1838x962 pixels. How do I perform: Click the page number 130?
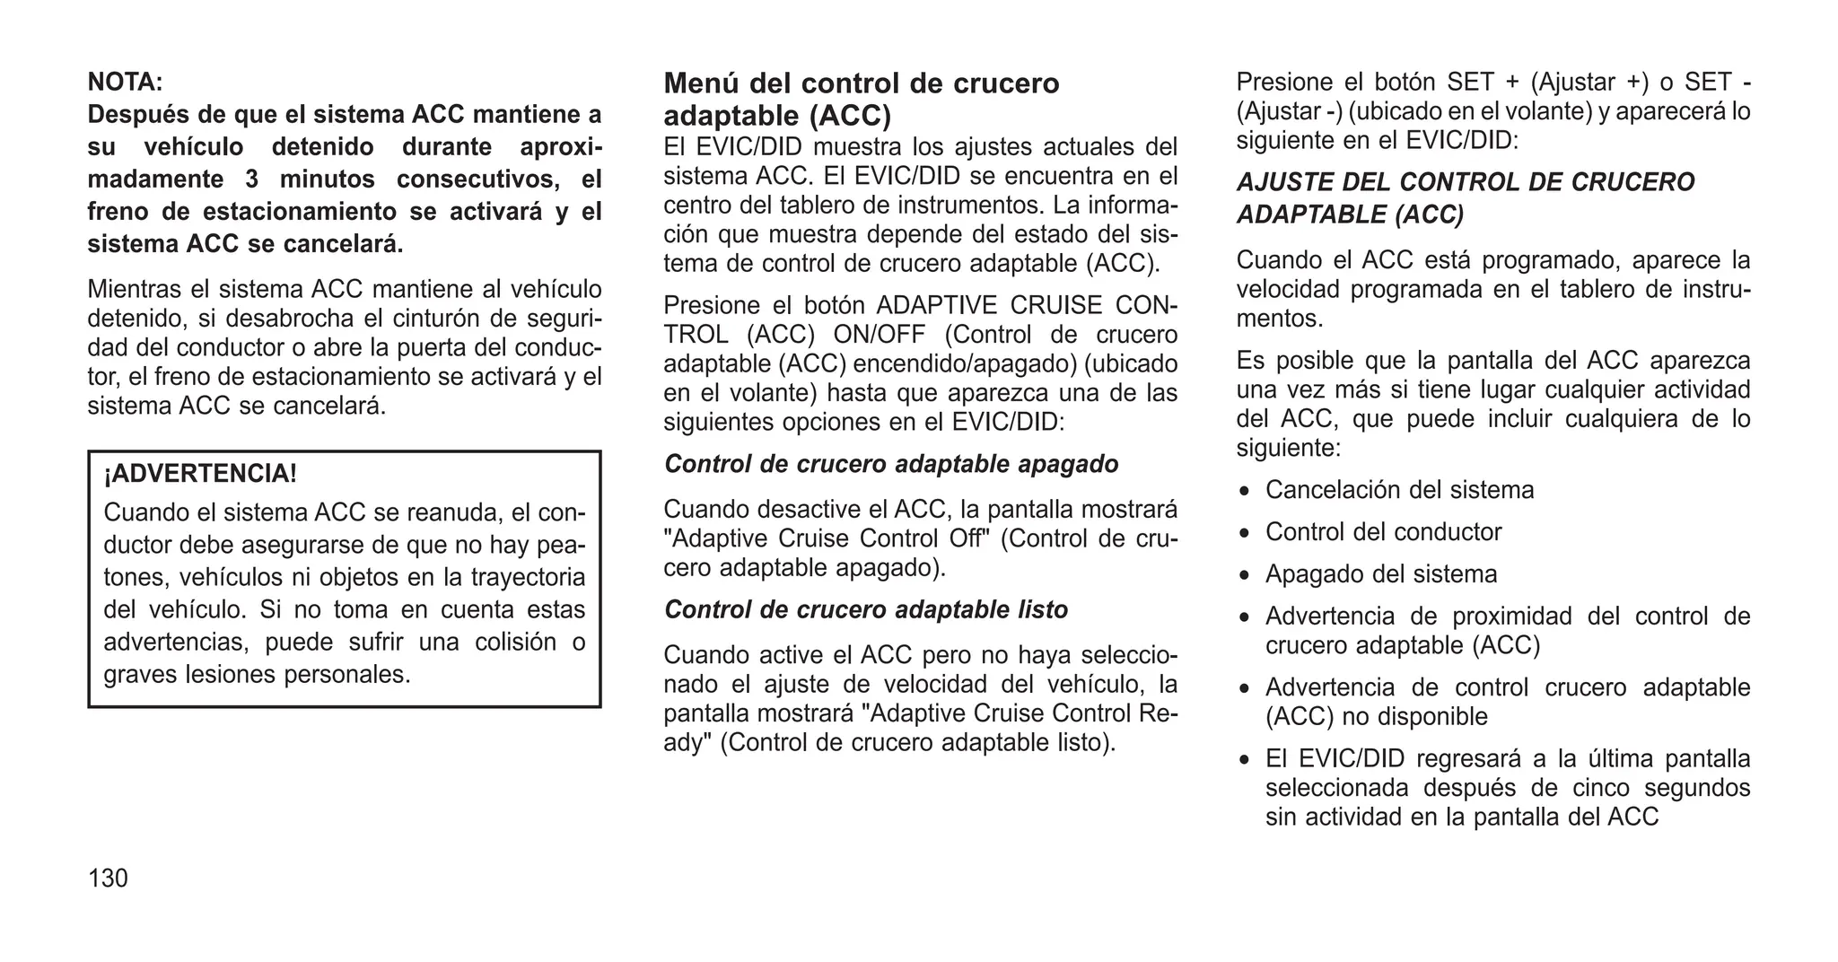108,879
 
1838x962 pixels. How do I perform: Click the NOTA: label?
125,83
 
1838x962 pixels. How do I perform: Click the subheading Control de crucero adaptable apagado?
890,464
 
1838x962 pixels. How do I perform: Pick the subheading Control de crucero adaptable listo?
865,610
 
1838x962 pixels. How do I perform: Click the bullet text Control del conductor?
1382,532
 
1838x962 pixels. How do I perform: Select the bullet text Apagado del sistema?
1380,574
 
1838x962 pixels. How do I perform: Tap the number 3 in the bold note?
252,179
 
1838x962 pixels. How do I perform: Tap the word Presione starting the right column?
1283,83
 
